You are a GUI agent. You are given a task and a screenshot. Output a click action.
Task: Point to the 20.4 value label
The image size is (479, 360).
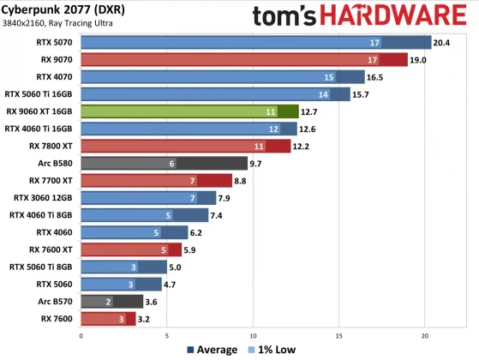(441, 42)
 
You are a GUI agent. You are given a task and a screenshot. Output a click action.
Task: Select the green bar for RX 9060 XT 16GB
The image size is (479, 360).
(189, 111)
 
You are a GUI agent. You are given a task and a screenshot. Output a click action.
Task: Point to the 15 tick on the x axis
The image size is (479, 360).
(339, 335)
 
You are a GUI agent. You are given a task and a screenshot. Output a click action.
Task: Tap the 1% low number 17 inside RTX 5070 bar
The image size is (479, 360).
(374, 42)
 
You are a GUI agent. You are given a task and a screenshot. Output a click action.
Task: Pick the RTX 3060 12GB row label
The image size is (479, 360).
(46, 197)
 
